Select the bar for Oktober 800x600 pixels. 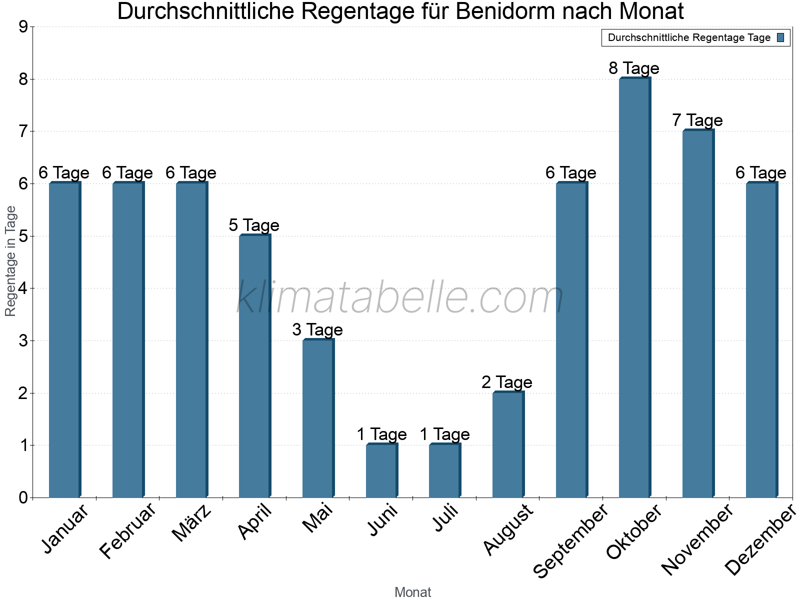[x=634, y=287]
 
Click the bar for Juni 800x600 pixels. [x=381, y=470]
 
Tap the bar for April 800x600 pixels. [x=254, y=366]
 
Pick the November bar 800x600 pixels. [x=698, y=313]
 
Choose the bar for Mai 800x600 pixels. [x=318, y=418]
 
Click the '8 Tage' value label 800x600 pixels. [x=634, y=68]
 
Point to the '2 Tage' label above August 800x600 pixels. [x=507, y=382]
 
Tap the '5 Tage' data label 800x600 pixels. [x=254, y=225]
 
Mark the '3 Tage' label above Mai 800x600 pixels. [x=317, y=330]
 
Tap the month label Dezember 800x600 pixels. [x=760, y=540]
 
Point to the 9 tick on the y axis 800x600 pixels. [x=22, y=27]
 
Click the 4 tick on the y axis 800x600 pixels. [x=22, y=288]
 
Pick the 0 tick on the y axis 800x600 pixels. [x=22, y=497]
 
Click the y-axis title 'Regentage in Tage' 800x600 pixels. [x=10, y=261]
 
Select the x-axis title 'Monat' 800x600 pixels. [x=412, y=592]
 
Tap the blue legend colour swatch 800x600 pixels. [x=781, y=37]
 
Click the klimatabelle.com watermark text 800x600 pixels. [x=400, y=297]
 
